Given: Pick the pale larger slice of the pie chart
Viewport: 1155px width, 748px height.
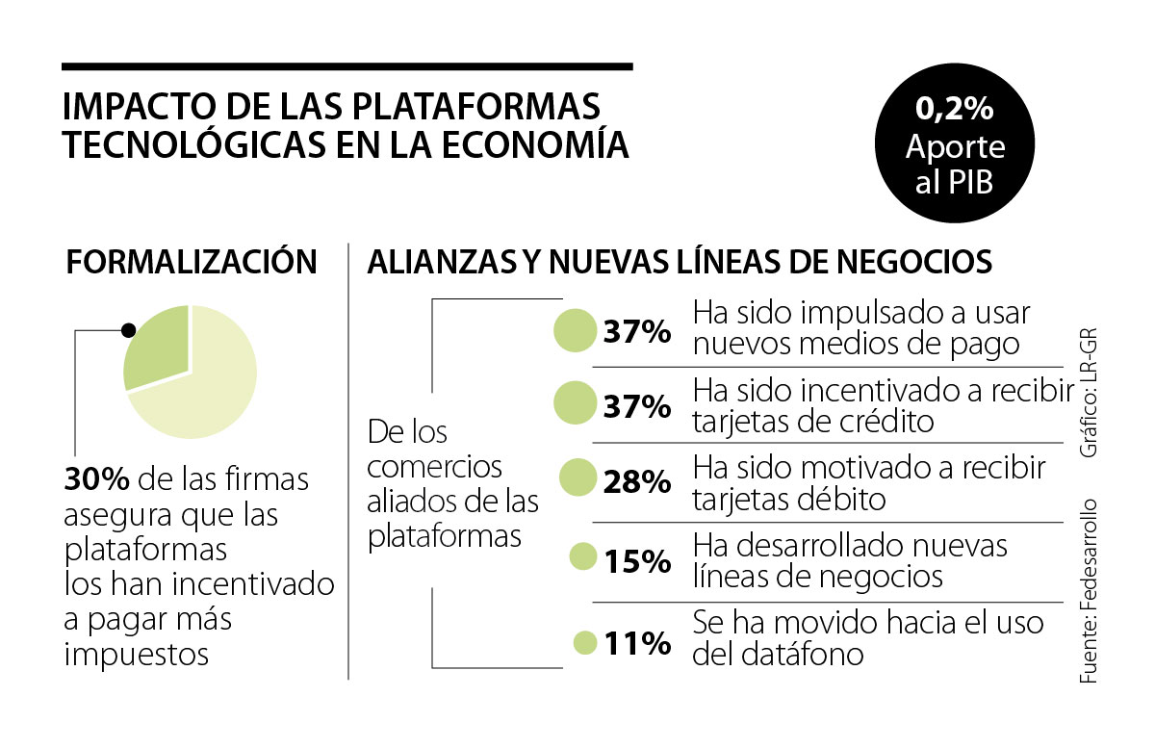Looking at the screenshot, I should tap(207, 385).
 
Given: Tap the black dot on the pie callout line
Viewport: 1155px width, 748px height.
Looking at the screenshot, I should tap(127, 329).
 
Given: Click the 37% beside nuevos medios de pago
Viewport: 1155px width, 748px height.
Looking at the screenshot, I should tap(636, 333).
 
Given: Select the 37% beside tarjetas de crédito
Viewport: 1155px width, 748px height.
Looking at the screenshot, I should tap(636, 406).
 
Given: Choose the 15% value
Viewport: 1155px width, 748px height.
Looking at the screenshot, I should tap(636, 560).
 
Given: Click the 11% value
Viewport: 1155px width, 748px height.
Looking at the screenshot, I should tap(636, 643).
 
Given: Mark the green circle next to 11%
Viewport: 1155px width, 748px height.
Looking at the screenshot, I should tap(584, 642).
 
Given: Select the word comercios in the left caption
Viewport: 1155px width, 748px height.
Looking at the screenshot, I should tap(435, 467).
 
